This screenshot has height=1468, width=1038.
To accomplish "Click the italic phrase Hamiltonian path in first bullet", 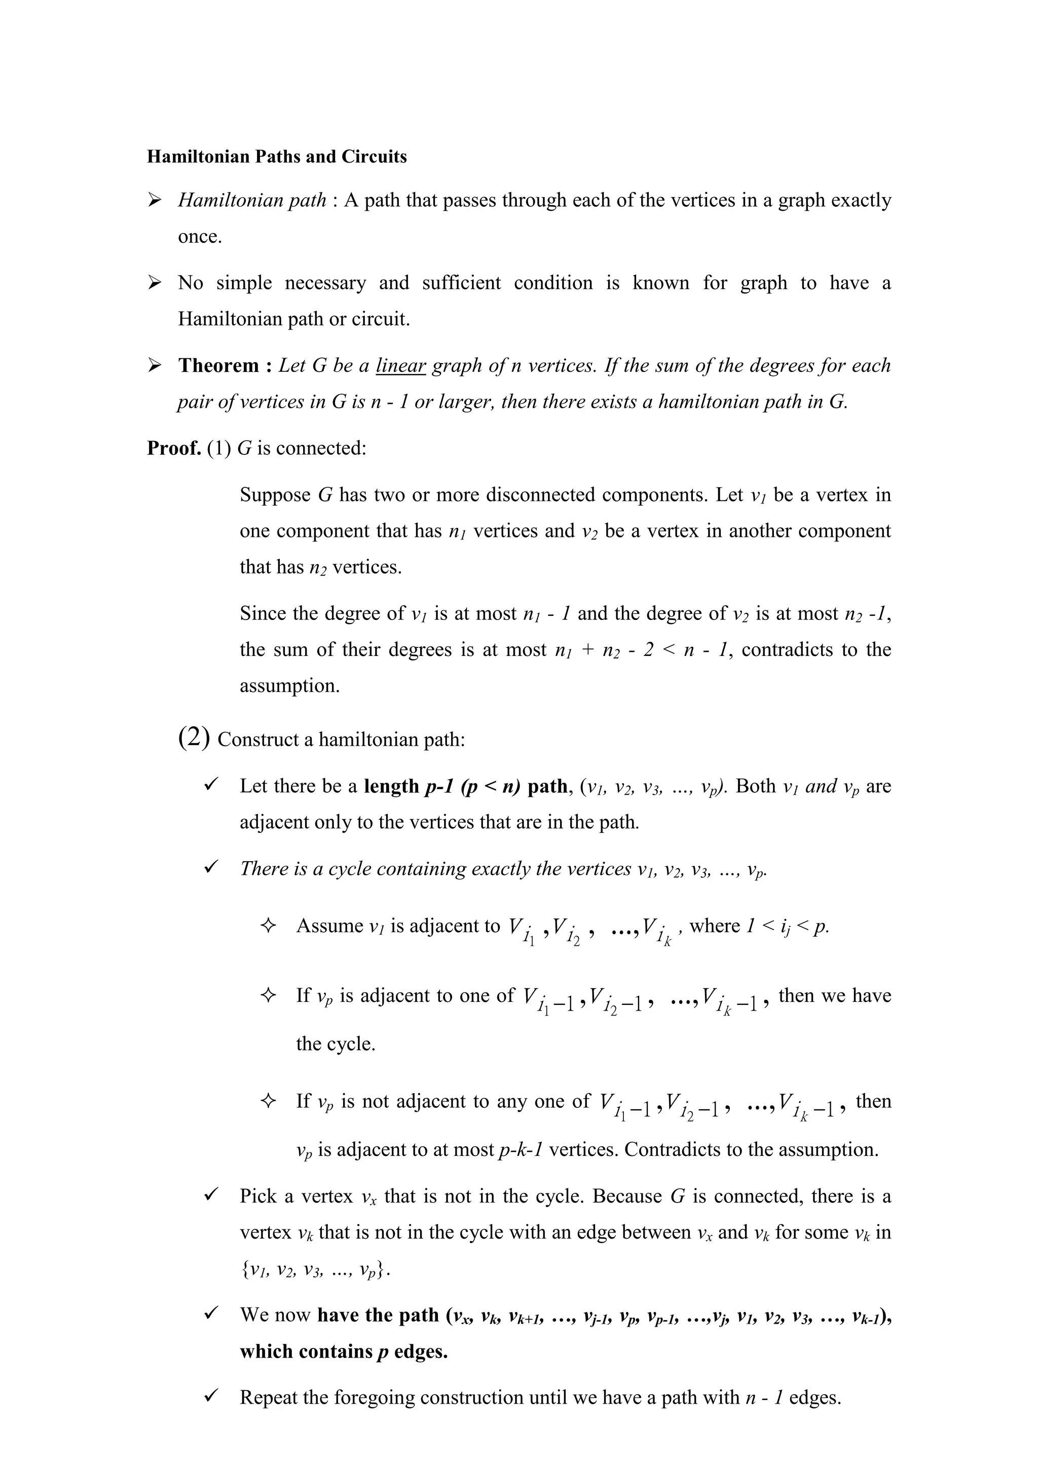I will coord(252,200).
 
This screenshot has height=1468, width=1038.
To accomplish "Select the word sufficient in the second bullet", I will coord(461,283).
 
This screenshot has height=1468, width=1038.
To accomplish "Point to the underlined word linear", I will coord(401,366).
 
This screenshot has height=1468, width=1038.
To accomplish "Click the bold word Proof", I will coord(174,448).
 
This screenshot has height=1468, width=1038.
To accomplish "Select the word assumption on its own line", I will coord(288,686).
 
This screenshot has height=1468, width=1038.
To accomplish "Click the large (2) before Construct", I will coord(194,739).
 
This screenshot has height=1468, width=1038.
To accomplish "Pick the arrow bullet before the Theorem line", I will coord(154,366).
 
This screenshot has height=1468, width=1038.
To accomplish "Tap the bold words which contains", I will coord(306,1351).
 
